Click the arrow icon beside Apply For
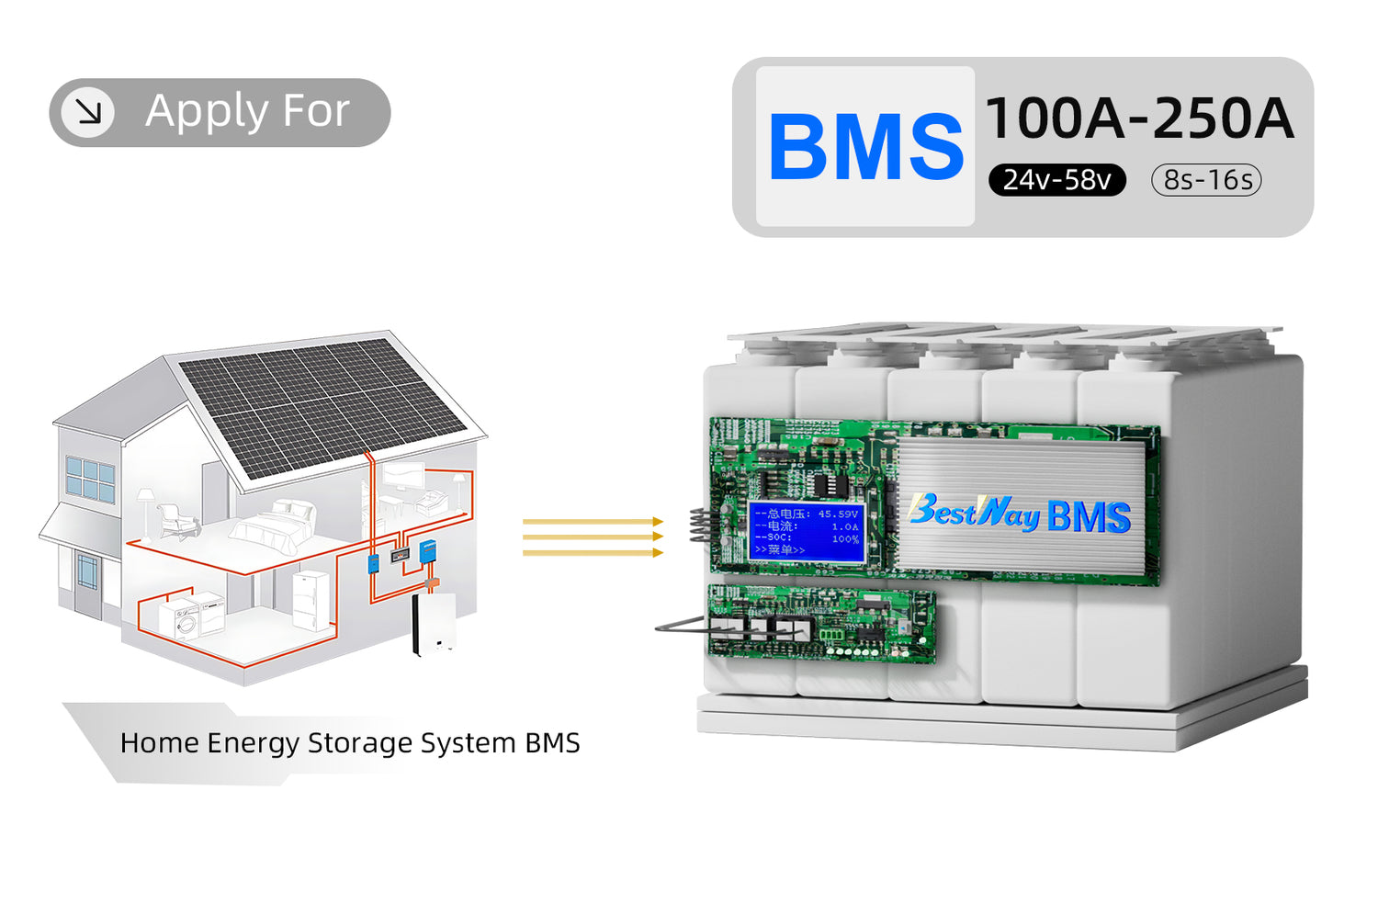(x=88, y=112)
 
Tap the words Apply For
(x=247, y=111)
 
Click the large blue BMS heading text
(x=865, y=147)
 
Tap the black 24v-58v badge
(x=1056, y=180)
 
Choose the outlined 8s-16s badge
(x=1206, y=180)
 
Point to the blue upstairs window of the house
(x=91, y=479)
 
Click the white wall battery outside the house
(x=434, y=624)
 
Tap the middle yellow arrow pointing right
(x=593, y=537)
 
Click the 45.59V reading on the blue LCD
(x=837, y=514)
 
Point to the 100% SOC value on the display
(x=844, y=539)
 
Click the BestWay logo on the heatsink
(x=974, y=513)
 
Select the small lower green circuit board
(x=821, y=624)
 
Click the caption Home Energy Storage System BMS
(x=350, y=742)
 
